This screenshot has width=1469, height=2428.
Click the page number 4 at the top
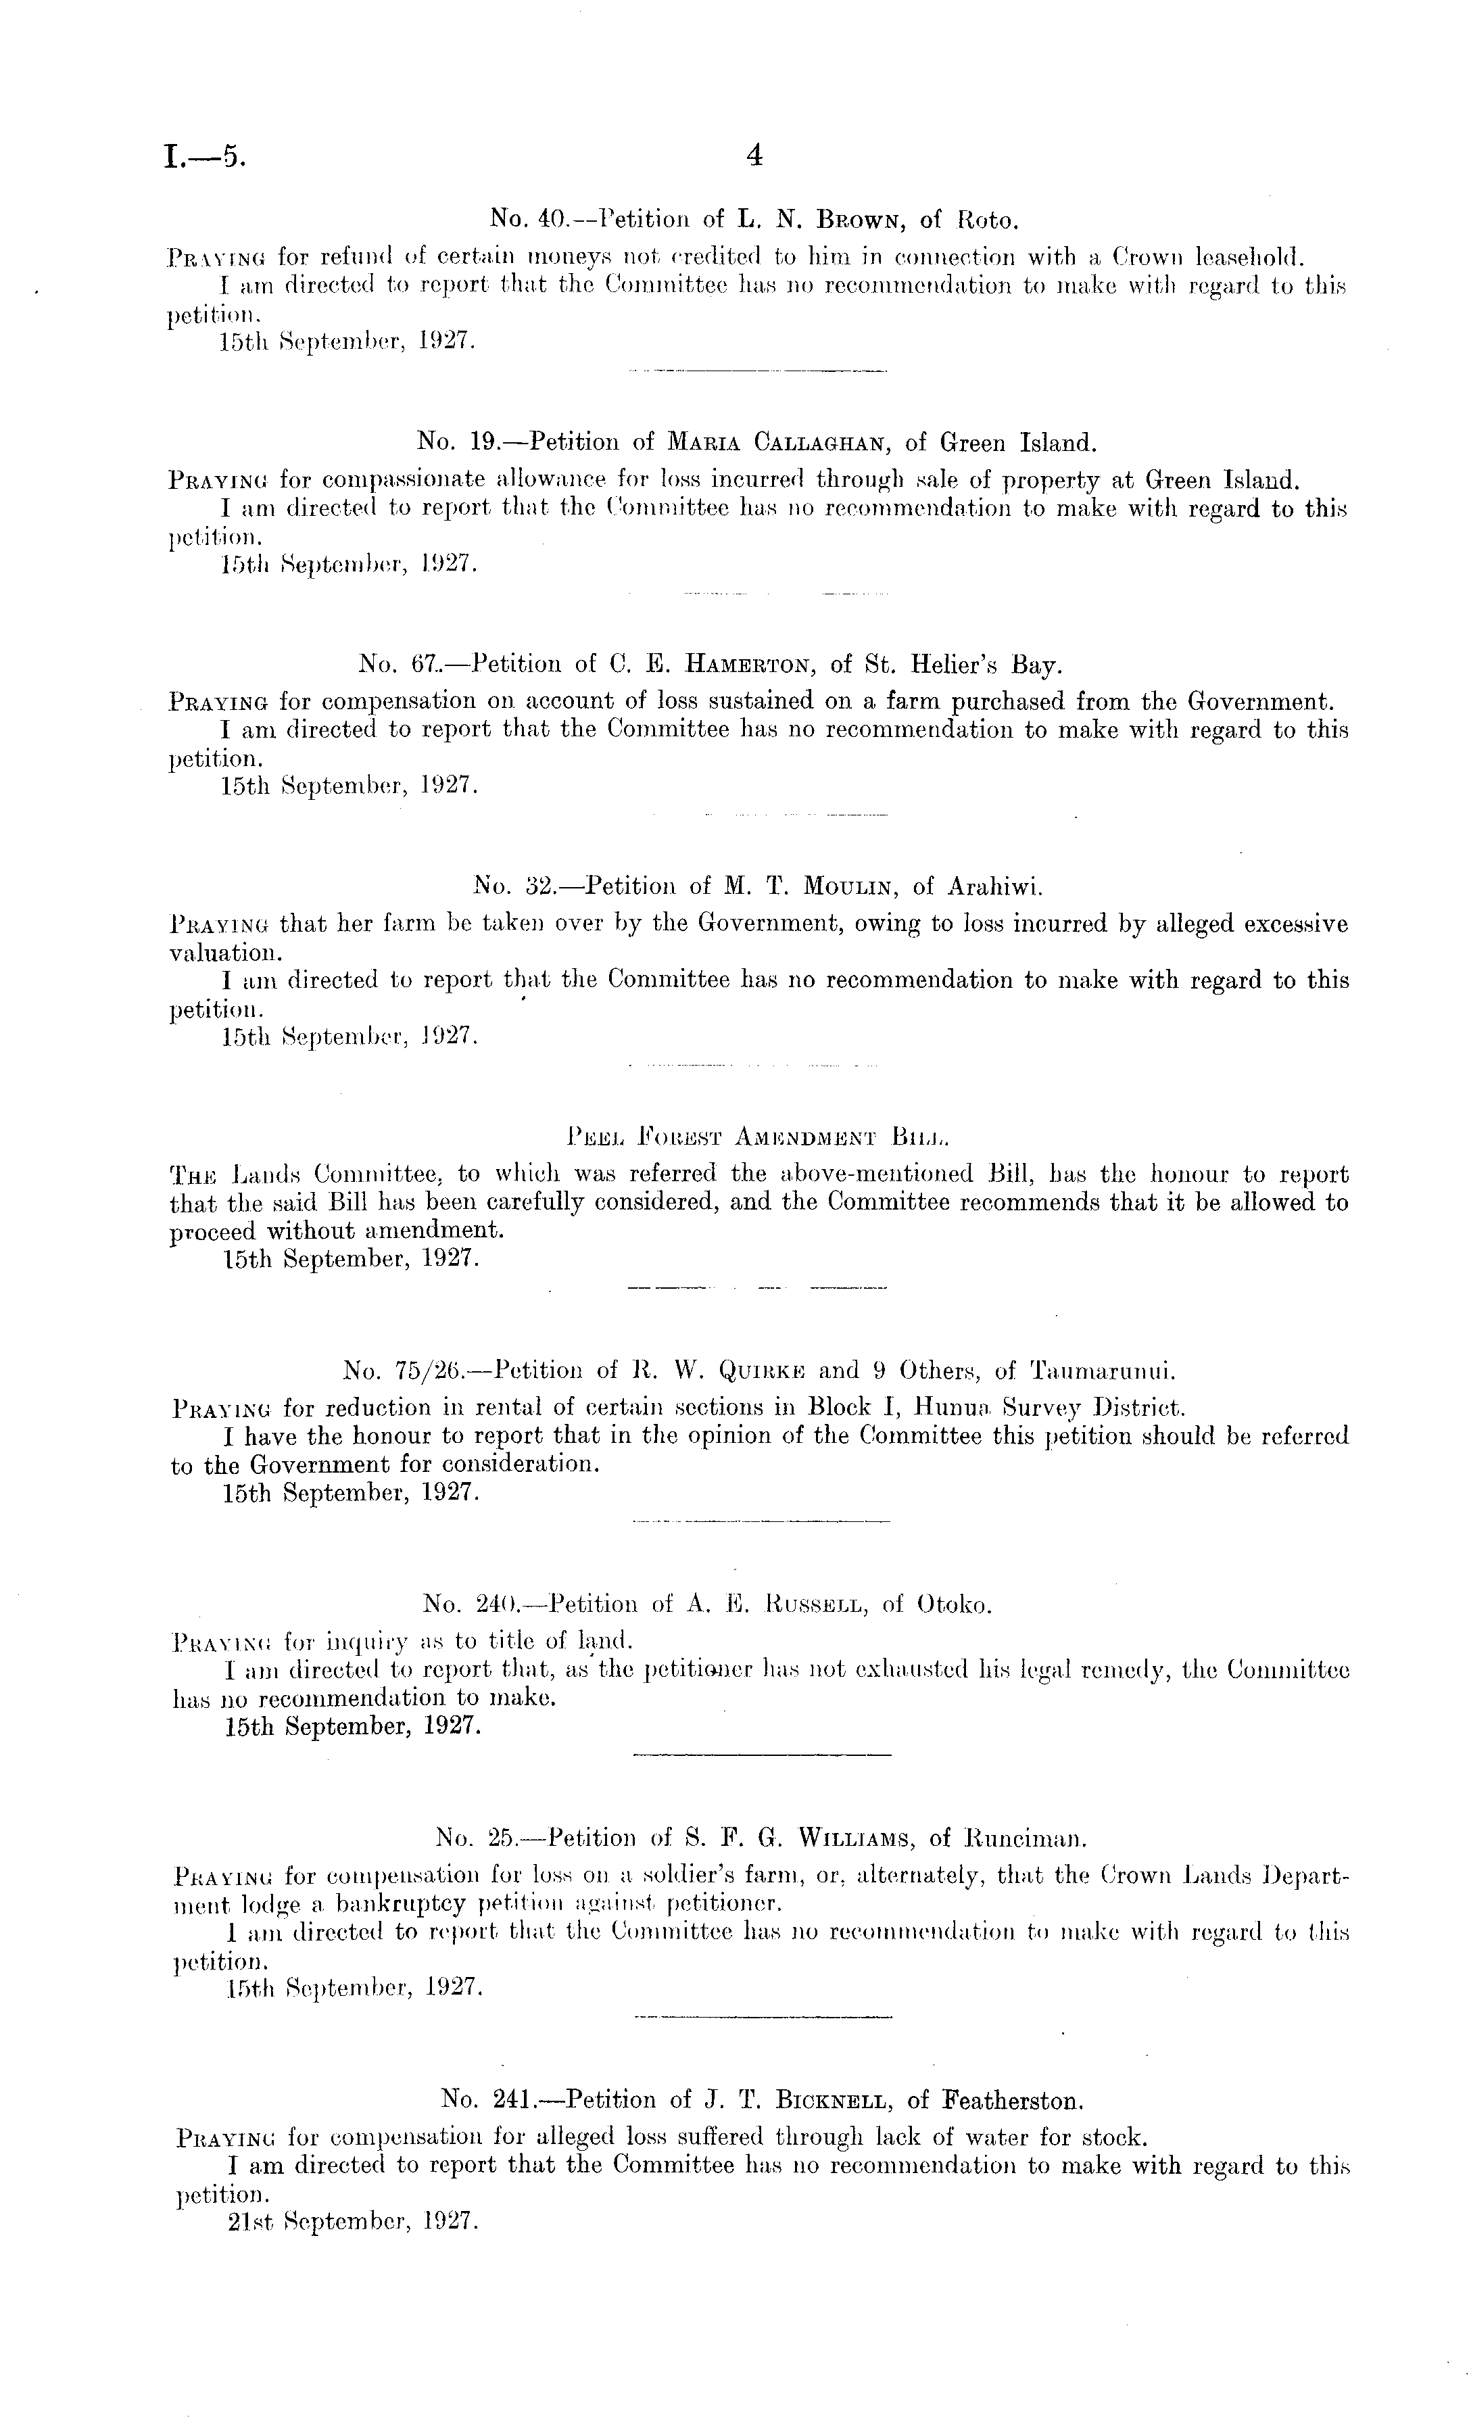click(x=754, y=156)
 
